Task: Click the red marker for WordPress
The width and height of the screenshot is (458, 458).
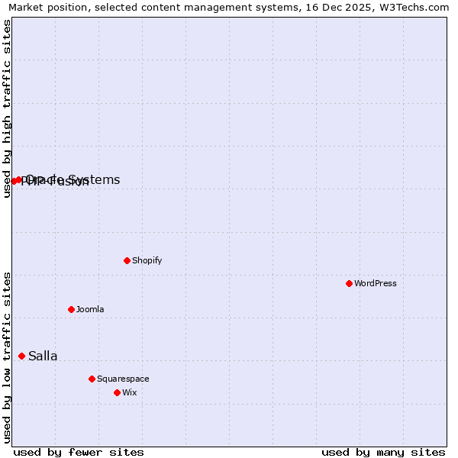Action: (349, 283)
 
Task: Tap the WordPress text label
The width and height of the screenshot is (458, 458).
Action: (376, 283)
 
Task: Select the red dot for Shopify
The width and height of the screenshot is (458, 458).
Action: (127, 260)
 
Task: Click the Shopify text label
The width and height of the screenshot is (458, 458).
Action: (147, 260)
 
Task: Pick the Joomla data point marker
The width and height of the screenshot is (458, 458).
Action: (71, 309)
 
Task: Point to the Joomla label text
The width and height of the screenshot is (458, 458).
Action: (90, 309)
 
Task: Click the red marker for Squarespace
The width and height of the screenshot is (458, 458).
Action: (92, 379)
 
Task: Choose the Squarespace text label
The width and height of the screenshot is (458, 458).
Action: (123, 379)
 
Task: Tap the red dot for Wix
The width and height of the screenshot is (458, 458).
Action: (117, 392)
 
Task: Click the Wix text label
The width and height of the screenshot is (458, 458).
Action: (130, 392)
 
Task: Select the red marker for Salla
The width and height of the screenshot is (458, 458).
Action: (21, 356)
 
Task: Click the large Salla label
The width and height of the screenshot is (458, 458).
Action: (43, 356)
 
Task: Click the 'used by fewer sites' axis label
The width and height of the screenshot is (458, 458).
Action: (79, 452)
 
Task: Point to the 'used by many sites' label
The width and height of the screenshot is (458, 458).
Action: (383, 452)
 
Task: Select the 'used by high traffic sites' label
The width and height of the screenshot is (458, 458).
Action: (7, 108)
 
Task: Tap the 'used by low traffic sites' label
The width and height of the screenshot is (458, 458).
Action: (7, 356)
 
